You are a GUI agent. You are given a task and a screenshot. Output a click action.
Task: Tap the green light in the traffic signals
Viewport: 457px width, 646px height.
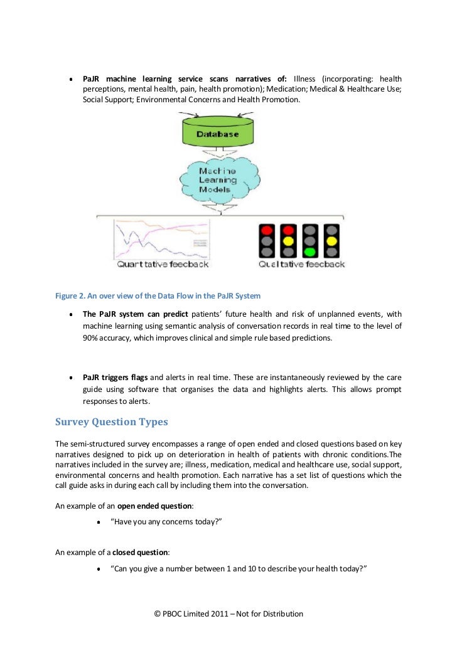309,252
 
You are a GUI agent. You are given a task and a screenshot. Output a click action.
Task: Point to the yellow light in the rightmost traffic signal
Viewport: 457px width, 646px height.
331,241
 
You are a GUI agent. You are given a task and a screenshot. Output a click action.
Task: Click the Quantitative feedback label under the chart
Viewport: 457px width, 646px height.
163,265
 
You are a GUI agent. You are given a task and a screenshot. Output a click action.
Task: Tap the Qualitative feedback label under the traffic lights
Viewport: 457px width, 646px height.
302,265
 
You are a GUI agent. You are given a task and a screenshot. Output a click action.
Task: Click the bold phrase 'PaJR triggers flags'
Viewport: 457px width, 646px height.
115,378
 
